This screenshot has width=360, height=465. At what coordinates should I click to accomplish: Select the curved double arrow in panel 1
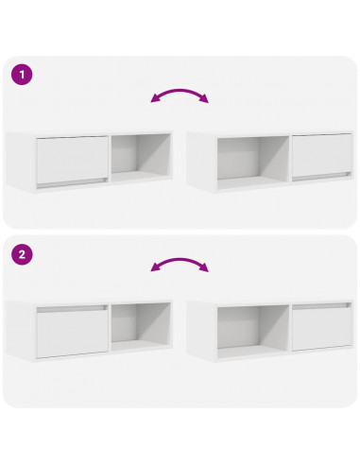(x=180, y=95)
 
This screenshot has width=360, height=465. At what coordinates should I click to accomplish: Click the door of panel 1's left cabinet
(x=71, y=155)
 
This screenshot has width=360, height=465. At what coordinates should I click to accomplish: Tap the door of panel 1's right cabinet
(x=321, y=155)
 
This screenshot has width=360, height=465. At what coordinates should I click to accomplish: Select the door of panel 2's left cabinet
(x=71, y=334)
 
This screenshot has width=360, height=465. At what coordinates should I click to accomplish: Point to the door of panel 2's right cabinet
(x=321, y=334)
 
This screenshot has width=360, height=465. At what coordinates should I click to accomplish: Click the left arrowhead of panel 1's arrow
(x=156, y=100)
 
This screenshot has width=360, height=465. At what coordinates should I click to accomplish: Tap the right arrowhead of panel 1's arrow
(x=204, y=100)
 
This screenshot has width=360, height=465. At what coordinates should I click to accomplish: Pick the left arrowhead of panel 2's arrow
(x=156, y=269)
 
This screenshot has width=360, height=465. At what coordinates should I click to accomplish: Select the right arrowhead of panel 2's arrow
(x=204, y=269)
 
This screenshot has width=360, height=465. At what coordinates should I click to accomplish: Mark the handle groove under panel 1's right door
(x=321, y=178)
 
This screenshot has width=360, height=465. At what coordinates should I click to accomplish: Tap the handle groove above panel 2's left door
(x=71, y=308)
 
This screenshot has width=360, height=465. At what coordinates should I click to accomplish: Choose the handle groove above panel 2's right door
(x=321, y=308)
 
